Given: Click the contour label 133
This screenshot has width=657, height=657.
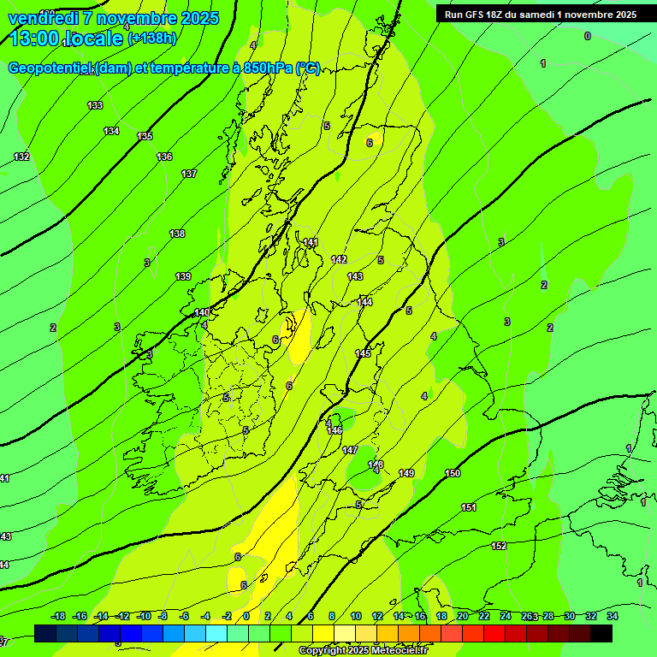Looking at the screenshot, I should tap(95, 105).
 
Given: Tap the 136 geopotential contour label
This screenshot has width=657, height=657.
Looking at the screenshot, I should tap(164, 157).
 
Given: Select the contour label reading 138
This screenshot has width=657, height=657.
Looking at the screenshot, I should tap(177, 234).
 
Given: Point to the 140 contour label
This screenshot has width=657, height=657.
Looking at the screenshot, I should tap(202, 312).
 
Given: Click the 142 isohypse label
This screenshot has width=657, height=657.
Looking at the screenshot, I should tap(339, 259).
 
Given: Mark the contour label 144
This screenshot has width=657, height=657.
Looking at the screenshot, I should tap(365, 302).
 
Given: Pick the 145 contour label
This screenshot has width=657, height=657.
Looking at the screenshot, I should tap(363, 353).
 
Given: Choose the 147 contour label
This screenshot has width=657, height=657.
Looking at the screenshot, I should tap(350, 450).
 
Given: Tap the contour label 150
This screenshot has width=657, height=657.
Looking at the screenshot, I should tap(453, 473).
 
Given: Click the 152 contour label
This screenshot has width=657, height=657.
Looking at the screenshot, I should tap(499, 546).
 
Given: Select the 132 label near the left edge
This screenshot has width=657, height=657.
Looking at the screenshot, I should tap(21, 157).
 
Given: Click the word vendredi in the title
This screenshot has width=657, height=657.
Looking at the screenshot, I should tap(44, 18).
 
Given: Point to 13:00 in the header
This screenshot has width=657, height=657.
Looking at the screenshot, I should tap(38, 38).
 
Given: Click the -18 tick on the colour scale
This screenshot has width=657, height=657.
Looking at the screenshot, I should tap(58, 616).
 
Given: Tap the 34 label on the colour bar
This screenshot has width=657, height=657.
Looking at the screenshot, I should tap(613, 616).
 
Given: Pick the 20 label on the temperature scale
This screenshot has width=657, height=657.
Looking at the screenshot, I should tap(463, 616).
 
